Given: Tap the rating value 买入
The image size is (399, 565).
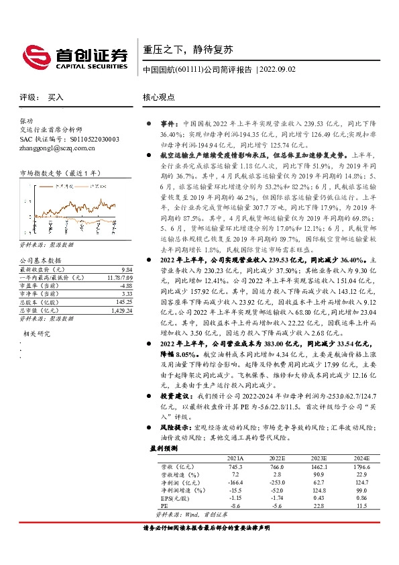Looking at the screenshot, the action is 56,97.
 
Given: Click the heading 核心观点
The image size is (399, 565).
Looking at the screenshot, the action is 159,97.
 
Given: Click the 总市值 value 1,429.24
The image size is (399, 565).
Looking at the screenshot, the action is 115,311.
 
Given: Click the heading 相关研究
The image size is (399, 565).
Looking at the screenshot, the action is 36,333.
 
